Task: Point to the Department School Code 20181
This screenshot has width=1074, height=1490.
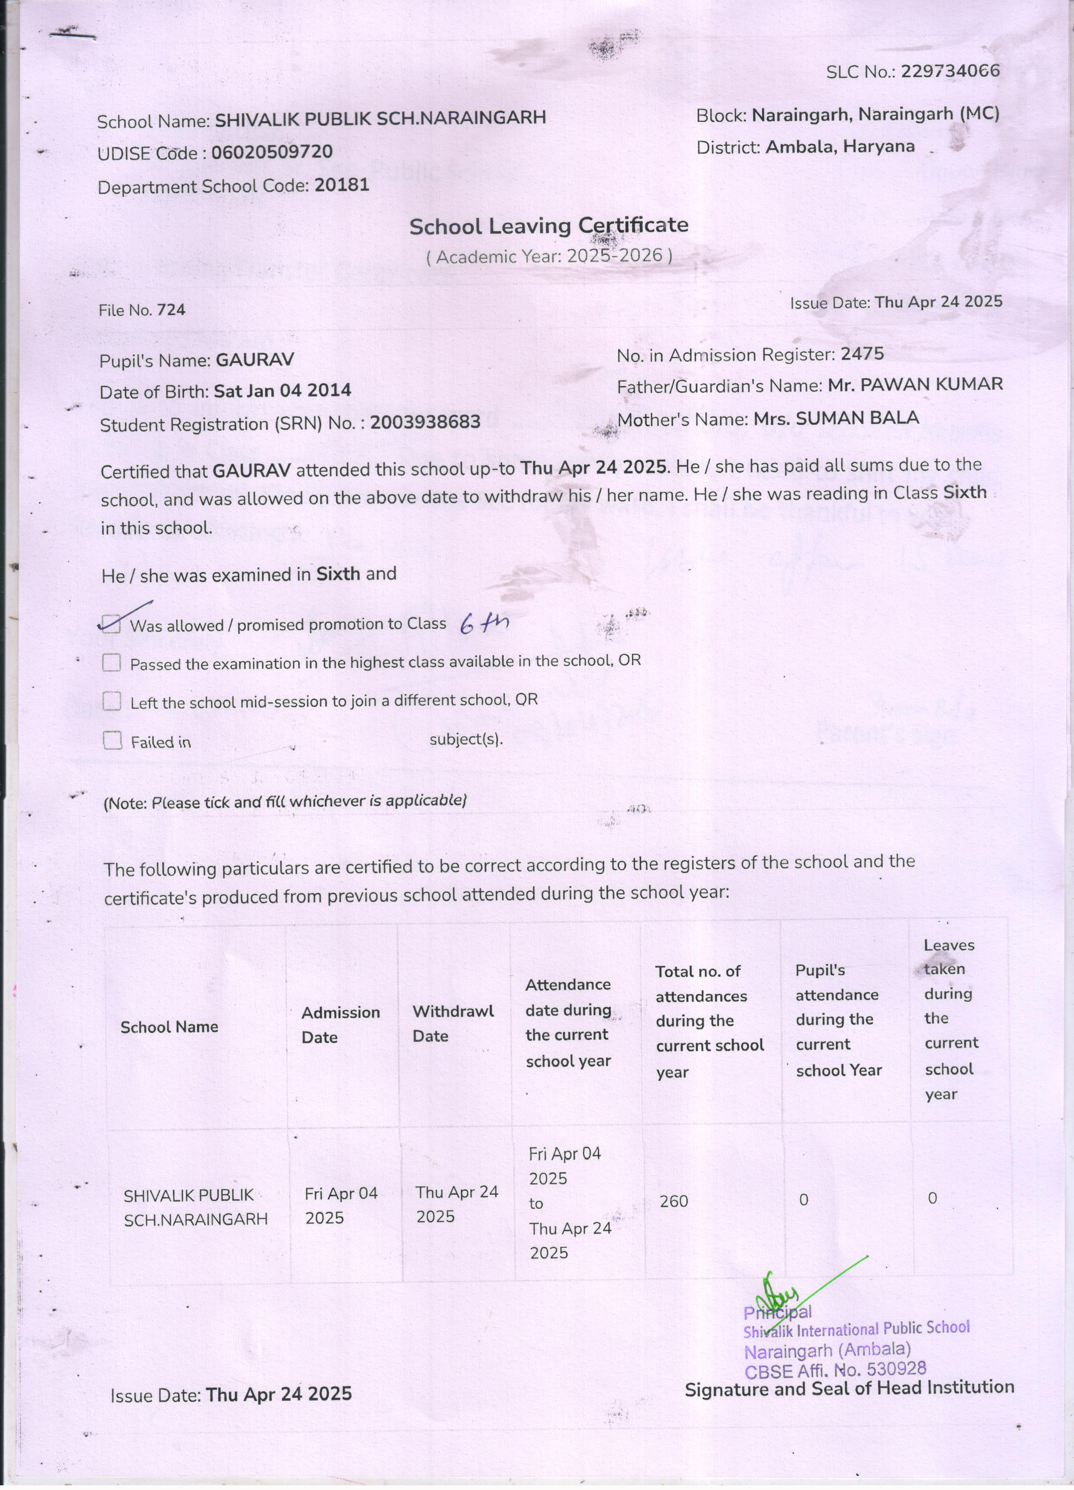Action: click(342, 185)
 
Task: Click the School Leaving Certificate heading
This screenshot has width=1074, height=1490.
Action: click(548, 226)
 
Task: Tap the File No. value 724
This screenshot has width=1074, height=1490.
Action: click(171, 309)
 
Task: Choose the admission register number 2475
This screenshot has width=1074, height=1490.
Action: click(862, 354)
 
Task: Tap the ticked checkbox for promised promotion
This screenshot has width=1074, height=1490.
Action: click(112, 624)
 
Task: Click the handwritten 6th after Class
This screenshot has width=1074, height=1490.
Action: click(484, 623)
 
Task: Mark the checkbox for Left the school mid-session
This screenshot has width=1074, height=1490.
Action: click(112, 701)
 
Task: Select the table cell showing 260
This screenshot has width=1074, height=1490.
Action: click(674, 1201)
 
